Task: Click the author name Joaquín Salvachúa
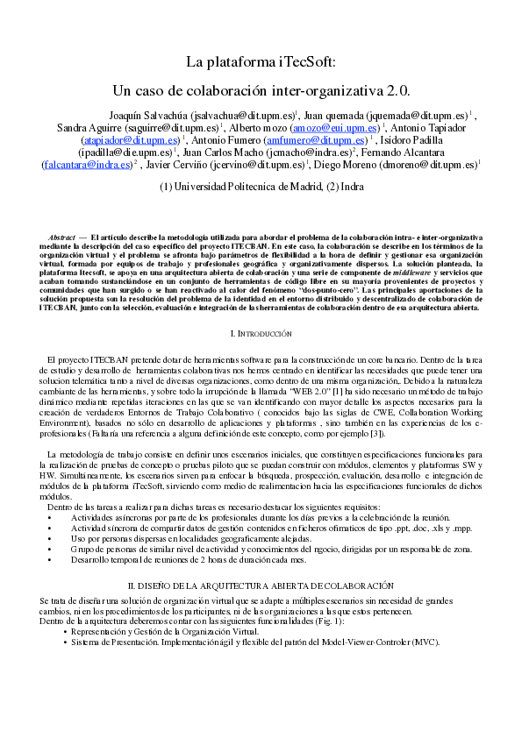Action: (147, 115)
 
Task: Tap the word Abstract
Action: (61, 238)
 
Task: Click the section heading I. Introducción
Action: (261, 334)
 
